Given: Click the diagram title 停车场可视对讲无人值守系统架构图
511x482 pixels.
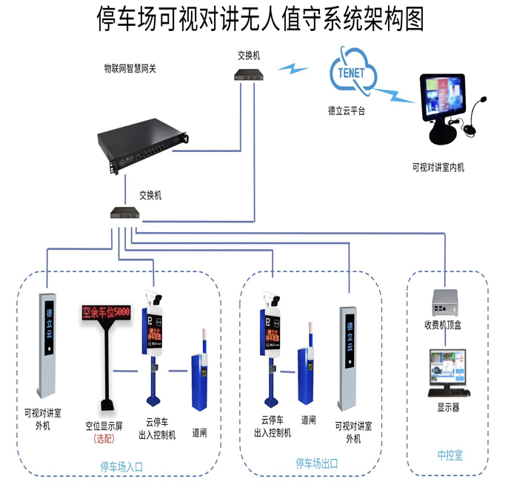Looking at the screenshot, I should pos(261,19).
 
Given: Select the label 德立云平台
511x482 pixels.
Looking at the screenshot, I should pos(347,110).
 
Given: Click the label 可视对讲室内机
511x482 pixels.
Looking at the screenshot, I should pos(438,168).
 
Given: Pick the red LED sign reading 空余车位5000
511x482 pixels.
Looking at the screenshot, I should pos(105,312).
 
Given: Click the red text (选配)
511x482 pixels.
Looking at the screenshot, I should pos(104,439).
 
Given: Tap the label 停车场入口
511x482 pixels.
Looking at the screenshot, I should pos(121,466).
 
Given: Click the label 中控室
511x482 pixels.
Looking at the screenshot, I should pos(450,454).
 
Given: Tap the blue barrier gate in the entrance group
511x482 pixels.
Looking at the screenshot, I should pos(201,381).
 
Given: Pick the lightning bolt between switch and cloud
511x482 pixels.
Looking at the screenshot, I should pos(294,69).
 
